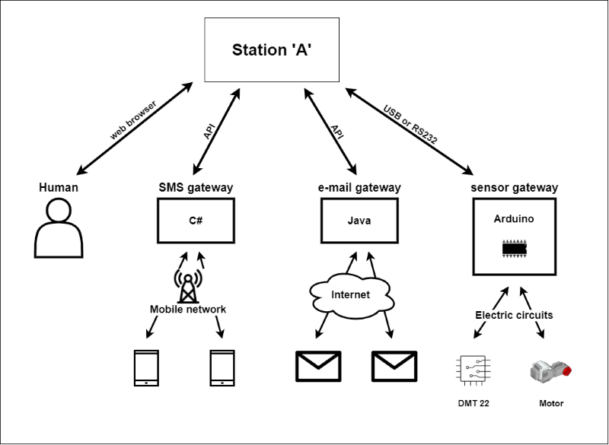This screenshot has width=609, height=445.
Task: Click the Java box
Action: [359, 220]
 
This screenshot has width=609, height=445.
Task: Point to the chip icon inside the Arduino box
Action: [515, 249]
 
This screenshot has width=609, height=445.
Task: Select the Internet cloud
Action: [351, 294]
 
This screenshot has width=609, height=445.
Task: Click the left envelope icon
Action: [318, 366]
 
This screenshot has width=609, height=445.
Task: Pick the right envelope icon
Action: [394, 366]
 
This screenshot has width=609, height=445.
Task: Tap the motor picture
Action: [550, 370]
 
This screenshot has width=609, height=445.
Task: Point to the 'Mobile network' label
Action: [187, 310]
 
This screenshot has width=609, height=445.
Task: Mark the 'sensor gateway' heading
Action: [515, 187]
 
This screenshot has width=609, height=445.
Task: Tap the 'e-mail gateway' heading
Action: [360, 187]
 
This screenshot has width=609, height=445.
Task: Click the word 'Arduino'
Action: [515, 218]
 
